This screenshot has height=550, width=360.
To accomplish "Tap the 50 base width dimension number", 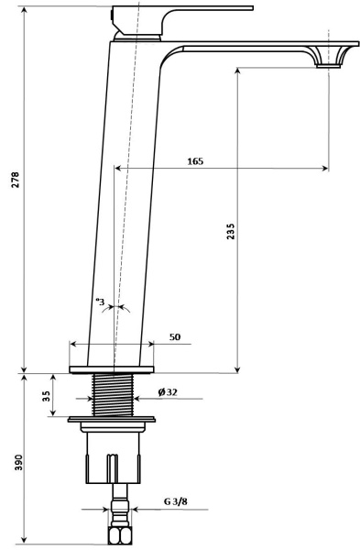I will [174, 337].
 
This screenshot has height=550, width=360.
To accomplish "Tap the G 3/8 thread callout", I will [177, 503].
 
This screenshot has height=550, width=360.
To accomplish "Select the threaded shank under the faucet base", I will [115, 394].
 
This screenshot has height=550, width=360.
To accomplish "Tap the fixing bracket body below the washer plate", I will [115, 454].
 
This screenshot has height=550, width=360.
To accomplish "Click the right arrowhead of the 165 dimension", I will [324, 168].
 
